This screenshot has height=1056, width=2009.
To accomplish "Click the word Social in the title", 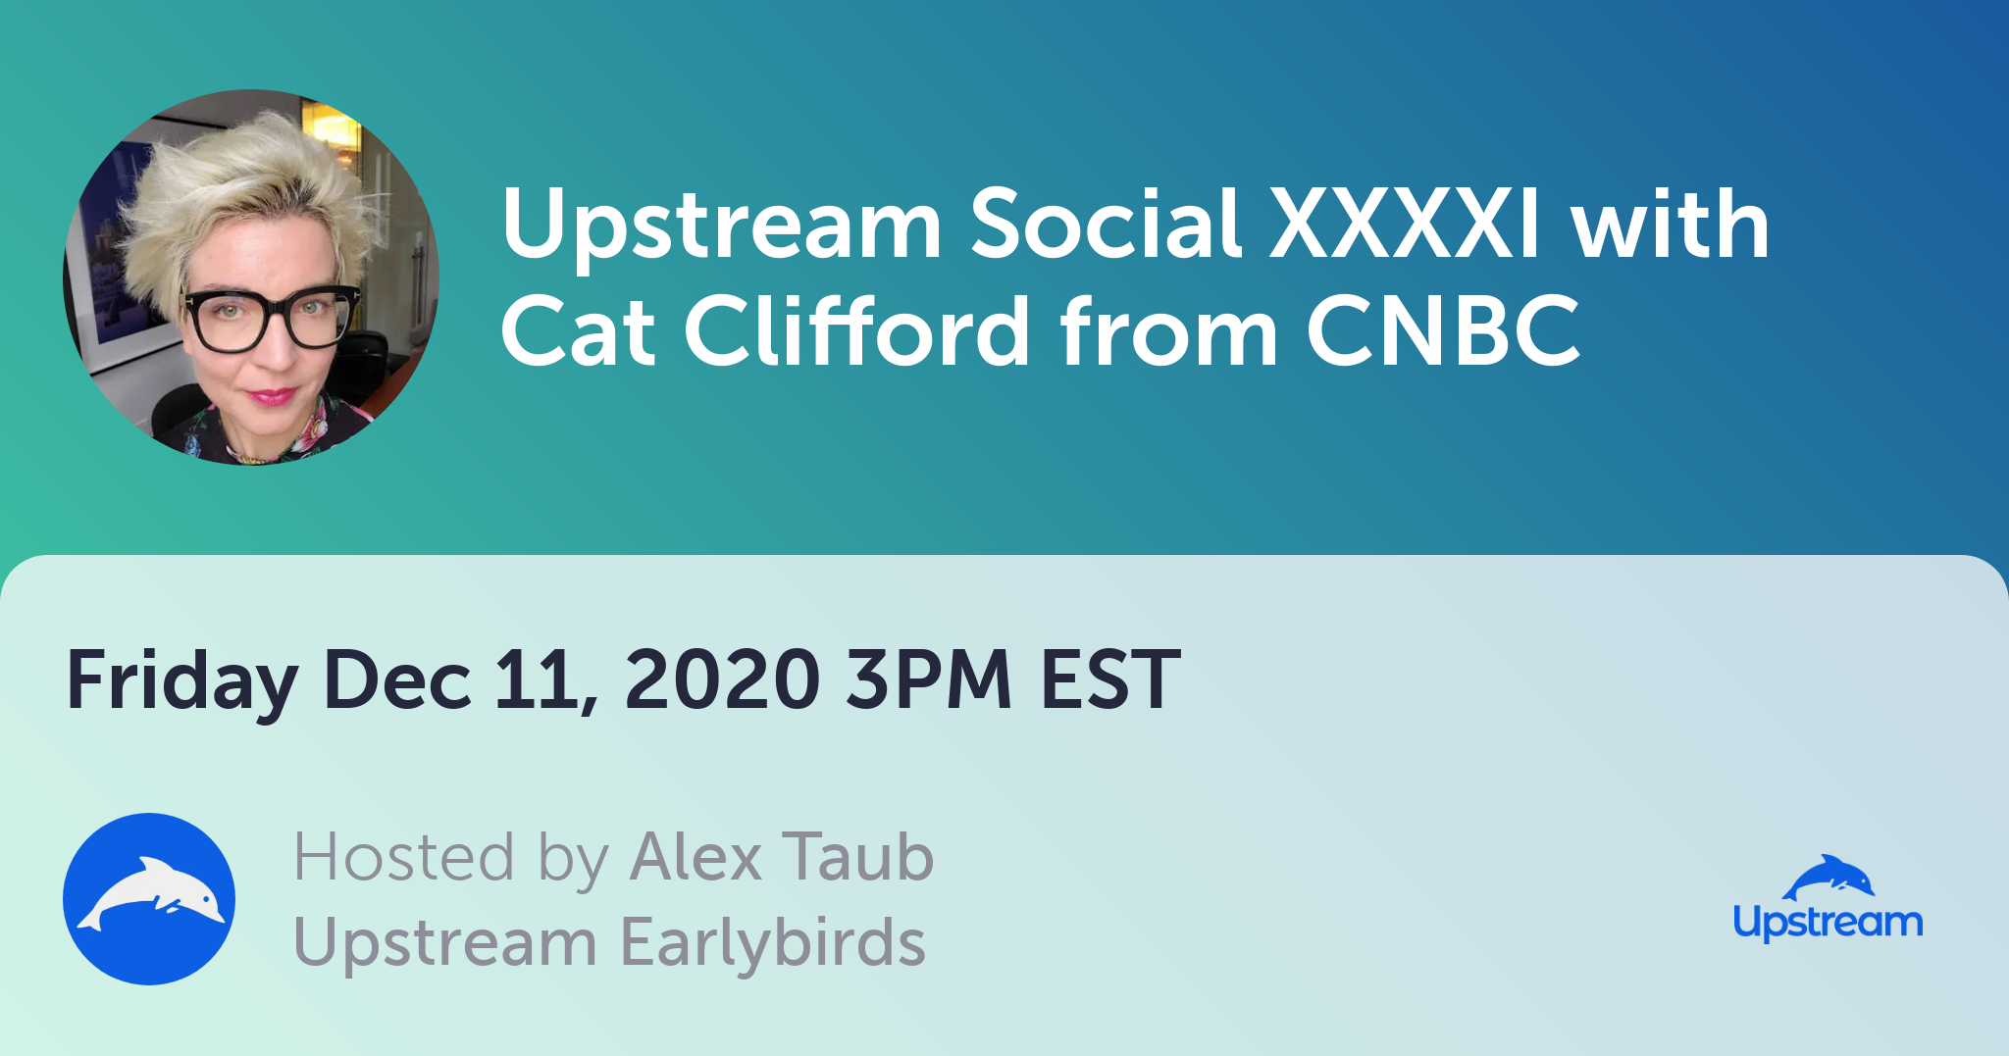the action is pos(1106,224).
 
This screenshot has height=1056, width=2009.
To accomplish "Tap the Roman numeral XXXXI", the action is pos(1405,224).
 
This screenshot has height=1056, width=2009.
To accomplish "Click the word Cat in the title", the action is pos(578,330).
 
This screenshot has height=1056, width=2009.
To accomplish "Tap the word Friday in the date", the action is pos(182,681).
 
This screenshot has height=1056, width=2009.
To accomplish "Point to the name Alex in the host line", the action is pos(695,857).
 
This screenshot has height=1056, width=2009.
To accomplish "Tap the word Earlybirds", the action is pos(773,942).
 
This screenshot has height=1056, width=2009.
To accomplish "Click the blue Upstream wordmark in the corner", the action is pos(1828,923).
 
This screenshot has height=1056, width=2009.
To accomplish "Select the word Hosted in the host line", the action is pos(403,857).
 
